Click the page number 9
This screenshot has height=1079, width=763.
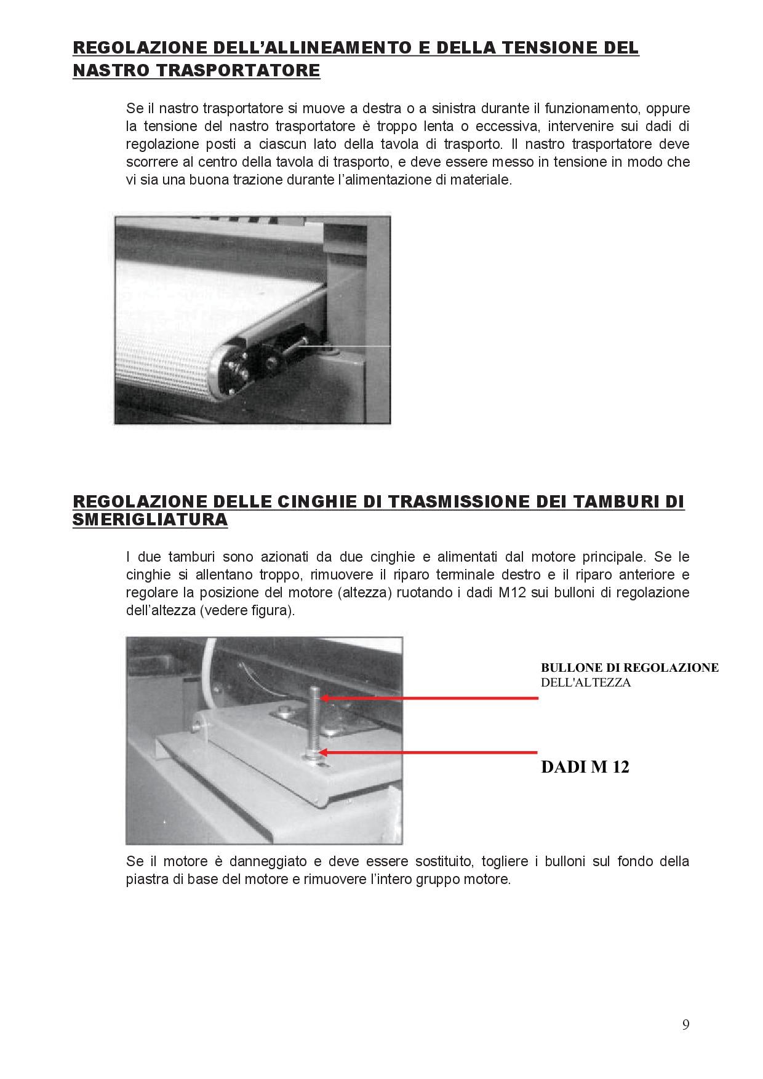686,1025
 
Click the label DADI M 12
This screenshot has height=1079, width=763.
585,767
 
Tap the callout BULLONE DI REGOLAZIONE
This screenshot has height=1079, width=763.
629,667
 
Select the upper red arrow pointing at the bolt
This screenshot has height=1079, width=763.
429,698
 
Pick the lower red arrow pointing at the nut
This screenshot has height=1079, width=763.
429,752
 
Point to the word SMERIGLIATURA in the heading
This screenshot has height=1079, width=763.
150,520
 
